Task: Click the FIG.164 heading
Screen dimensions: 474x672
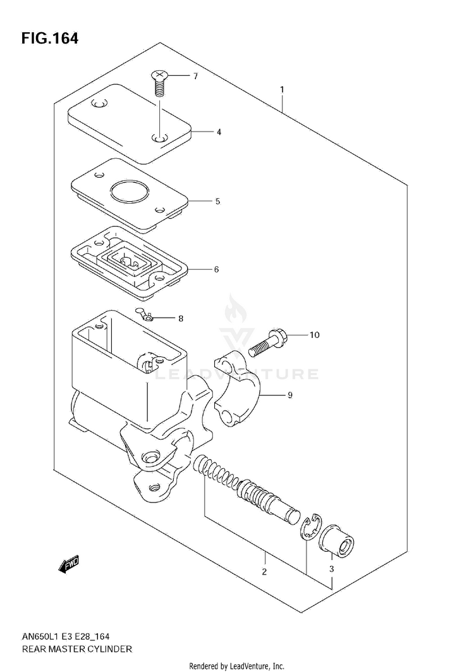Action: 50,39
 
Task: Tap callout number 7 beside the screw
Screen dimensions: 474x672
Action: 195,77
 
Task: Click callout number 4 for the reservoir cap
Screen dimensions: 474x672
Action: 219,132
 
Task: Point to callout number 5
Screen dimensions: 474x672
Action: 217,201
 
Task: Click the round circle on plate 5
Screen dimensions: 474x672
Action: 128,190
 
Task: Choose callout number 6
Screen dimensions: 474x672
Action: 216,269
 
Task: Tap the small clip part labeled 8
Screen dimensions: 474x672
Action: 145,314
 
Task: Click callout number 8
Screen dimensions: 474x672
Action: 181,318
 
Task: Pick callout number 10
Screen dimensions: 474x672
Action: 314,335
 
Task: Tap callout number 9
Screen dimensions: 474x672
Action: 290,395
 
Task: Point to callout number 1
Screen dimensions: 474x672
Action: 282,90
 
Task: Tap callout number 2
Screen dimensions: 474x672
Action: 264,571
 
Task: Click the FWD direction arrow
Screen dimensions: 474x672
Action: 68,564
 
